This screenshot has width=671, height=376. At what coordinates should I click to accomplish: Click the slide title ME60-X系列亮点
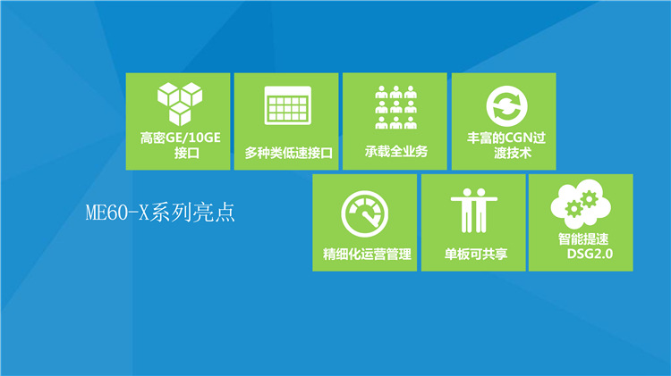point(160,213)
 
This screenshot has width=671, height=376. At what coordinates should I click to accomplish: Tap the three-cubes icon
point(180,104)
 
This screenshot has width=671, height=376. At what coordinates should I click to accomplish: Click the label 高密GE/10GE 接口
point(180,146)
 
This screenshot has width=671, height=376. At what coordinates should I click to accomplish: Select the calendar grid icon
point(287,105)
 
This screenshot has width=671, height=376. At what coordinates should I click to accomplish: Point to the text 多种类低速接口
point(288,153)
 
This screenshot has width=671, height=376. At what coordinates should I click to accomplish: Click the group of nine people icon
point(395,107)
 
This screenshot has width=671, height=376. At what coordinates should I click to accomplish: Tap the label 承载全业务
point(396,151)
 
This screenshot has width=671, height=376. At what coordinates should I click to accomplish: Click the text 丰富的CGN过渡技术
point(506,146)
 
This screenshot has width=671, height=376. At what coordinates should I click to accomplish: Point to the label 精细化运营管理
point(367,254)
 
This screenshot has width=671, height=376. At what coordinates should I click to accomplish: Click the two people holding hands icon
point(473,210)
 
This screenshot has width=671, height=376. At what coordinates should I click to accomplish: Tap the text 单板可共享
point(475,254)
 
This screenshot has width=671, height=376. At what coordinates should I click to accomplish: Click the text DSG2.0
point(590,254)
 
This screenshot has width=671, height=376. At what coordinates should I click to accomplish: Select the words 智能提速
point(582,238)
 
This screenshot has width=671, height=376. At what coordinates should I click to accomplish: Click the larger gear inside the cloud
point(590,199)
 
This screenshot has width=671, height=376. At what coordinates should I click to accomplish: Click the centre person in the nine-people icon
point(395,107)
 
